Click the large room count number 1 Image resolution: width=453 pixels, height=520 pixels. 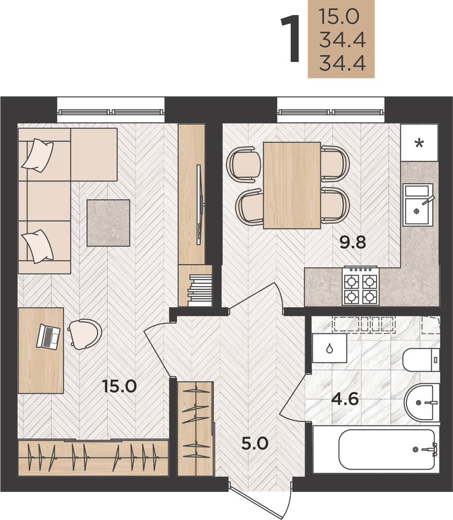tap(291, 38)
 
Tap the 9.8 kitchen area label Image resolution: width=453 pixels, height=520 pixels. tap(353, 242)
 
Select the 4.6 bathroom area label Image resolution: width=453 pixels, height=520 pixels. tap(345, 399)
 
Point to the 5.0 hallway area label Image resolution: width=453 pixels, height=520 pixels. tap(255, 443)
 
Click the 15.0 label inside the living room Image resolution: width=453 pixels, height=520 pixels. tap(120, 386)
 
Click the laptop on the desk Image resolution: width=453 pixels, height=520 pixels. tap(48, 336)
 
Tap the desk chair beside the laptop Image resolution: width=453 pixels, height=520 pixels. tap(85, 334)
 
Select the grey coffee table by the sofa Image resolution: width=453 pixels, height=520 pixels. tap(109, 223)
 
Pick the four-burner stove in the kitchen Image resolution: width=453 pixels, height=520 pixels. tap(360, 286)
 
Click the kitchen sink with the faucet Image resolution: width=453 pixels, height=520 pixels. tap(418, 205)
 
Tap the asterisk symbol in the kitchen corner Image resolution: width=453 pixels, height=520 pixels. tap(419, 144)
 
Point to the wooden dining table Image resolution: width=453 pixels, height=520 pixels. tap(292, 186)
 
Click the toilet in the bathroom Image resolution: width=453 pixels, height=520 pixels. tap(421, 360)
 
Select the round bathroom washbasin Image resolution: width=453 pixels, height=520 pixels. tap(422, 402)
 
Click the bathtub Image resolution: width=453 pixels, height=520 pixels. tap(386, 449)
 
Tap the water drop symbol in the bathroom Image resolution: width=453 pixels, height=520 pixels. tap(329, 348)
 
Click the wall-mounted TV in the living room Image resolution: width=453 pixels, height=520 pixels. tap(200, 204)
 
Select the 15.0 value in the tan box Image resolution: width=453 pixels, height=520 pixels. tap(339, 17)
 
